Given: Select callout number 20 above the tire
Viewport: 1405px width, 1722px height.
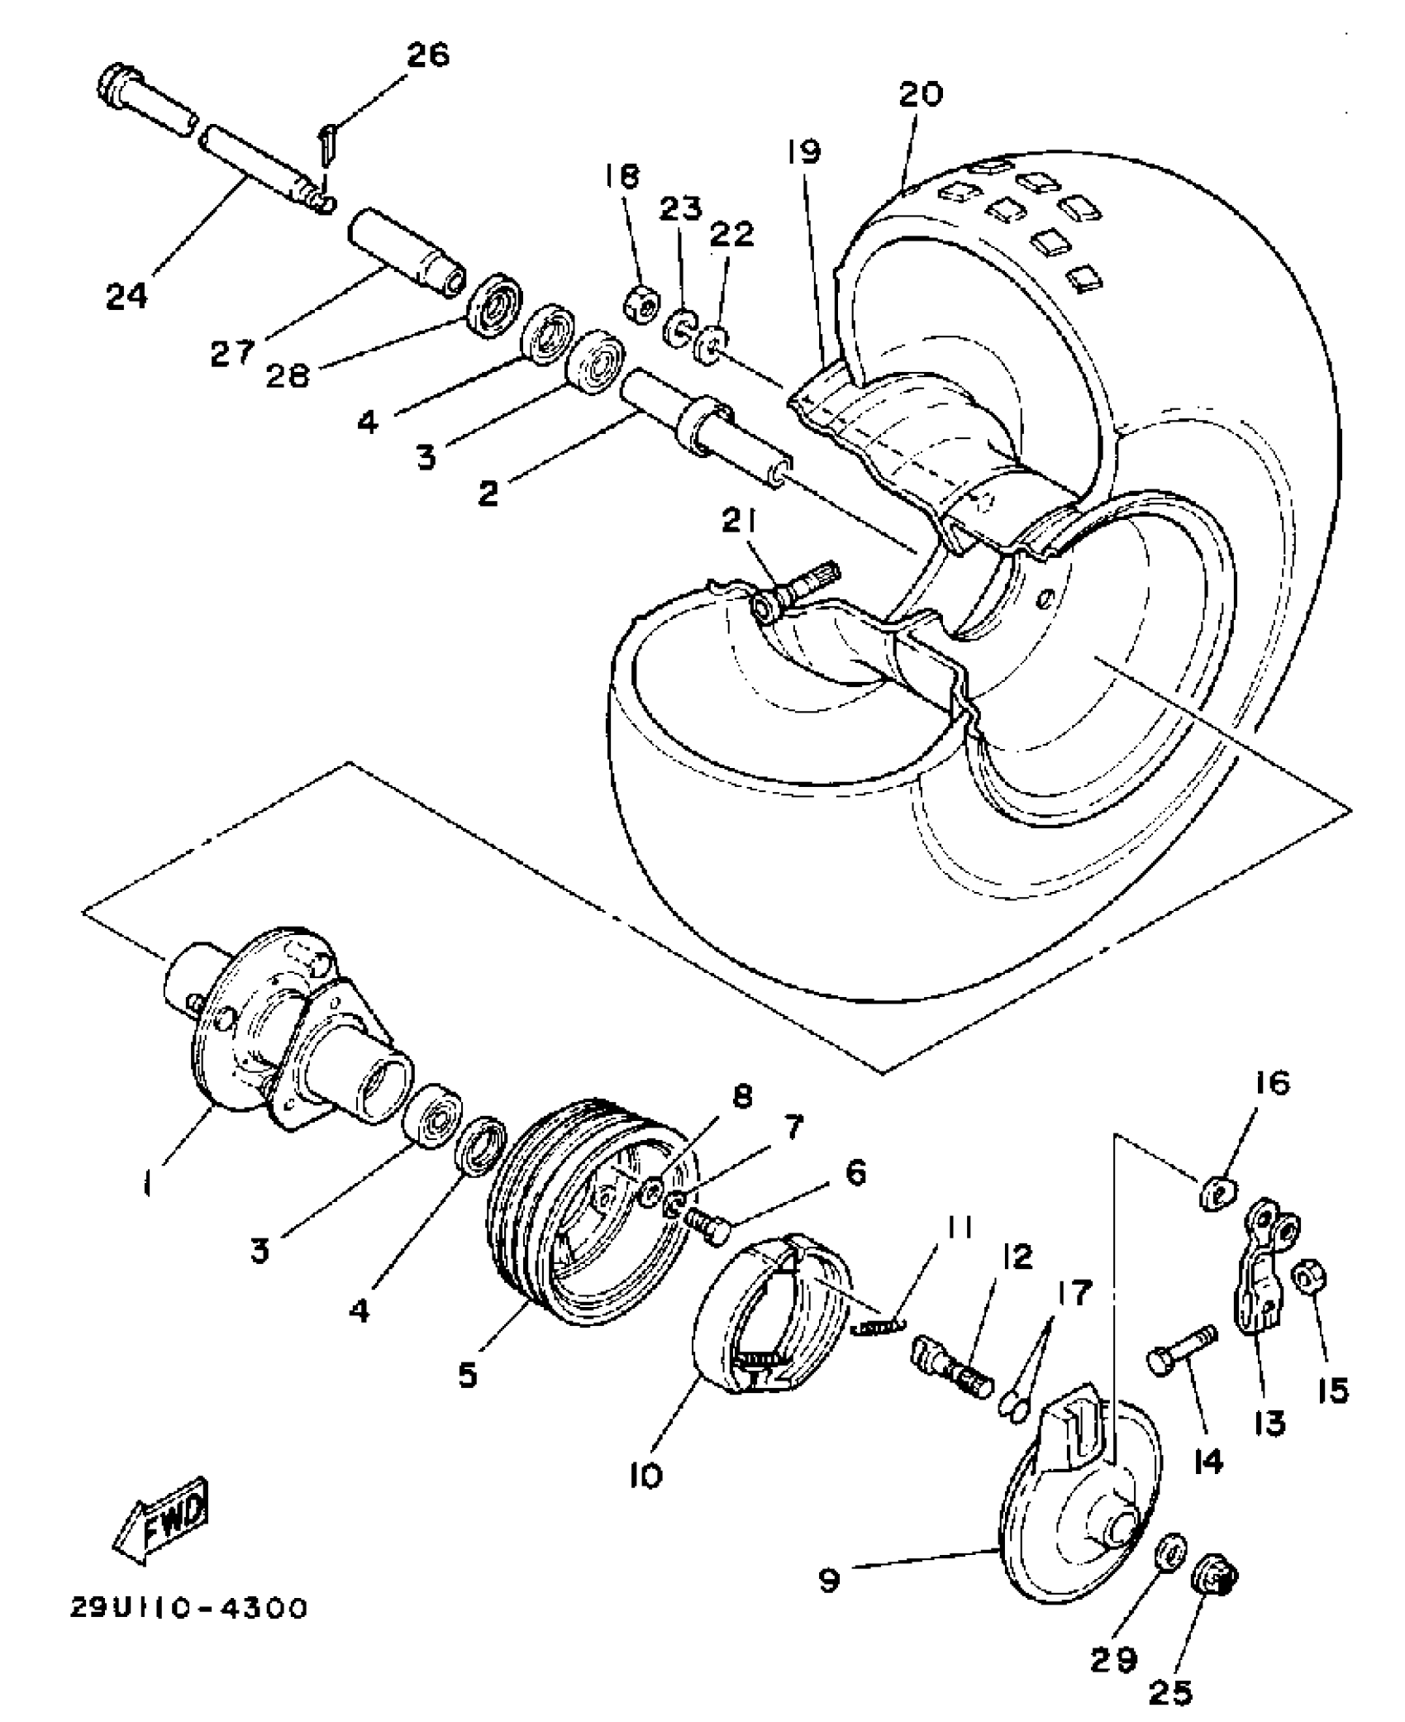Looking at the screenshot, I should [x=920, y=94].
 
